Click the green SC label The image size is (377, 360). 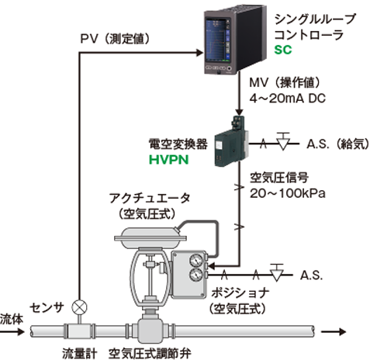283,50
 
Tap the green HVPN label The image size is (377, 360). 168,160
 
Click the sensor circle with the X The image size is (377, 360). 79,307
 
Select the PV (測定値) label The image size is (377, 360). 115,39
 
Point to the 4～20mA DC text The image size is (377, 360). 287,99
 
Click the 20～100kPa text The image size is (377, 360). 287,193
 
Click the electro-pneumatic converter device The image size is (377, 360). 232,142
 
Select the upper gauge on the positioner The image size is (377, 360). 196,260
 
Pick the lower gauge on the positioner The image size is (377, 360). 196,275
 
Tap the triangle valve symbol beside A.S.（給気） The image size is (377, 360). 283,142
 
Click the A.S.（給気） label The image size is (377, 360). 338,144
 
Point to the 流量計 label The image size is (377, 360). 80,354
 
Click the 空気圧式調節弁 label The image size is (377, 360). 150,354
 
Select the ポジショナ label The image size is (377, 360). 240,293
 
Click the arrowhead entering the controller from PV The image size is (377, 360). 199,53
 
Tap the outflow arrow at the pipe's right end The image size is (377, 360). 333,331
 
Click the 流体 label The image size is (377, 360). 12,319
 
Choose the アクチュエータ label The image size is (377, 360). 150,199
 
